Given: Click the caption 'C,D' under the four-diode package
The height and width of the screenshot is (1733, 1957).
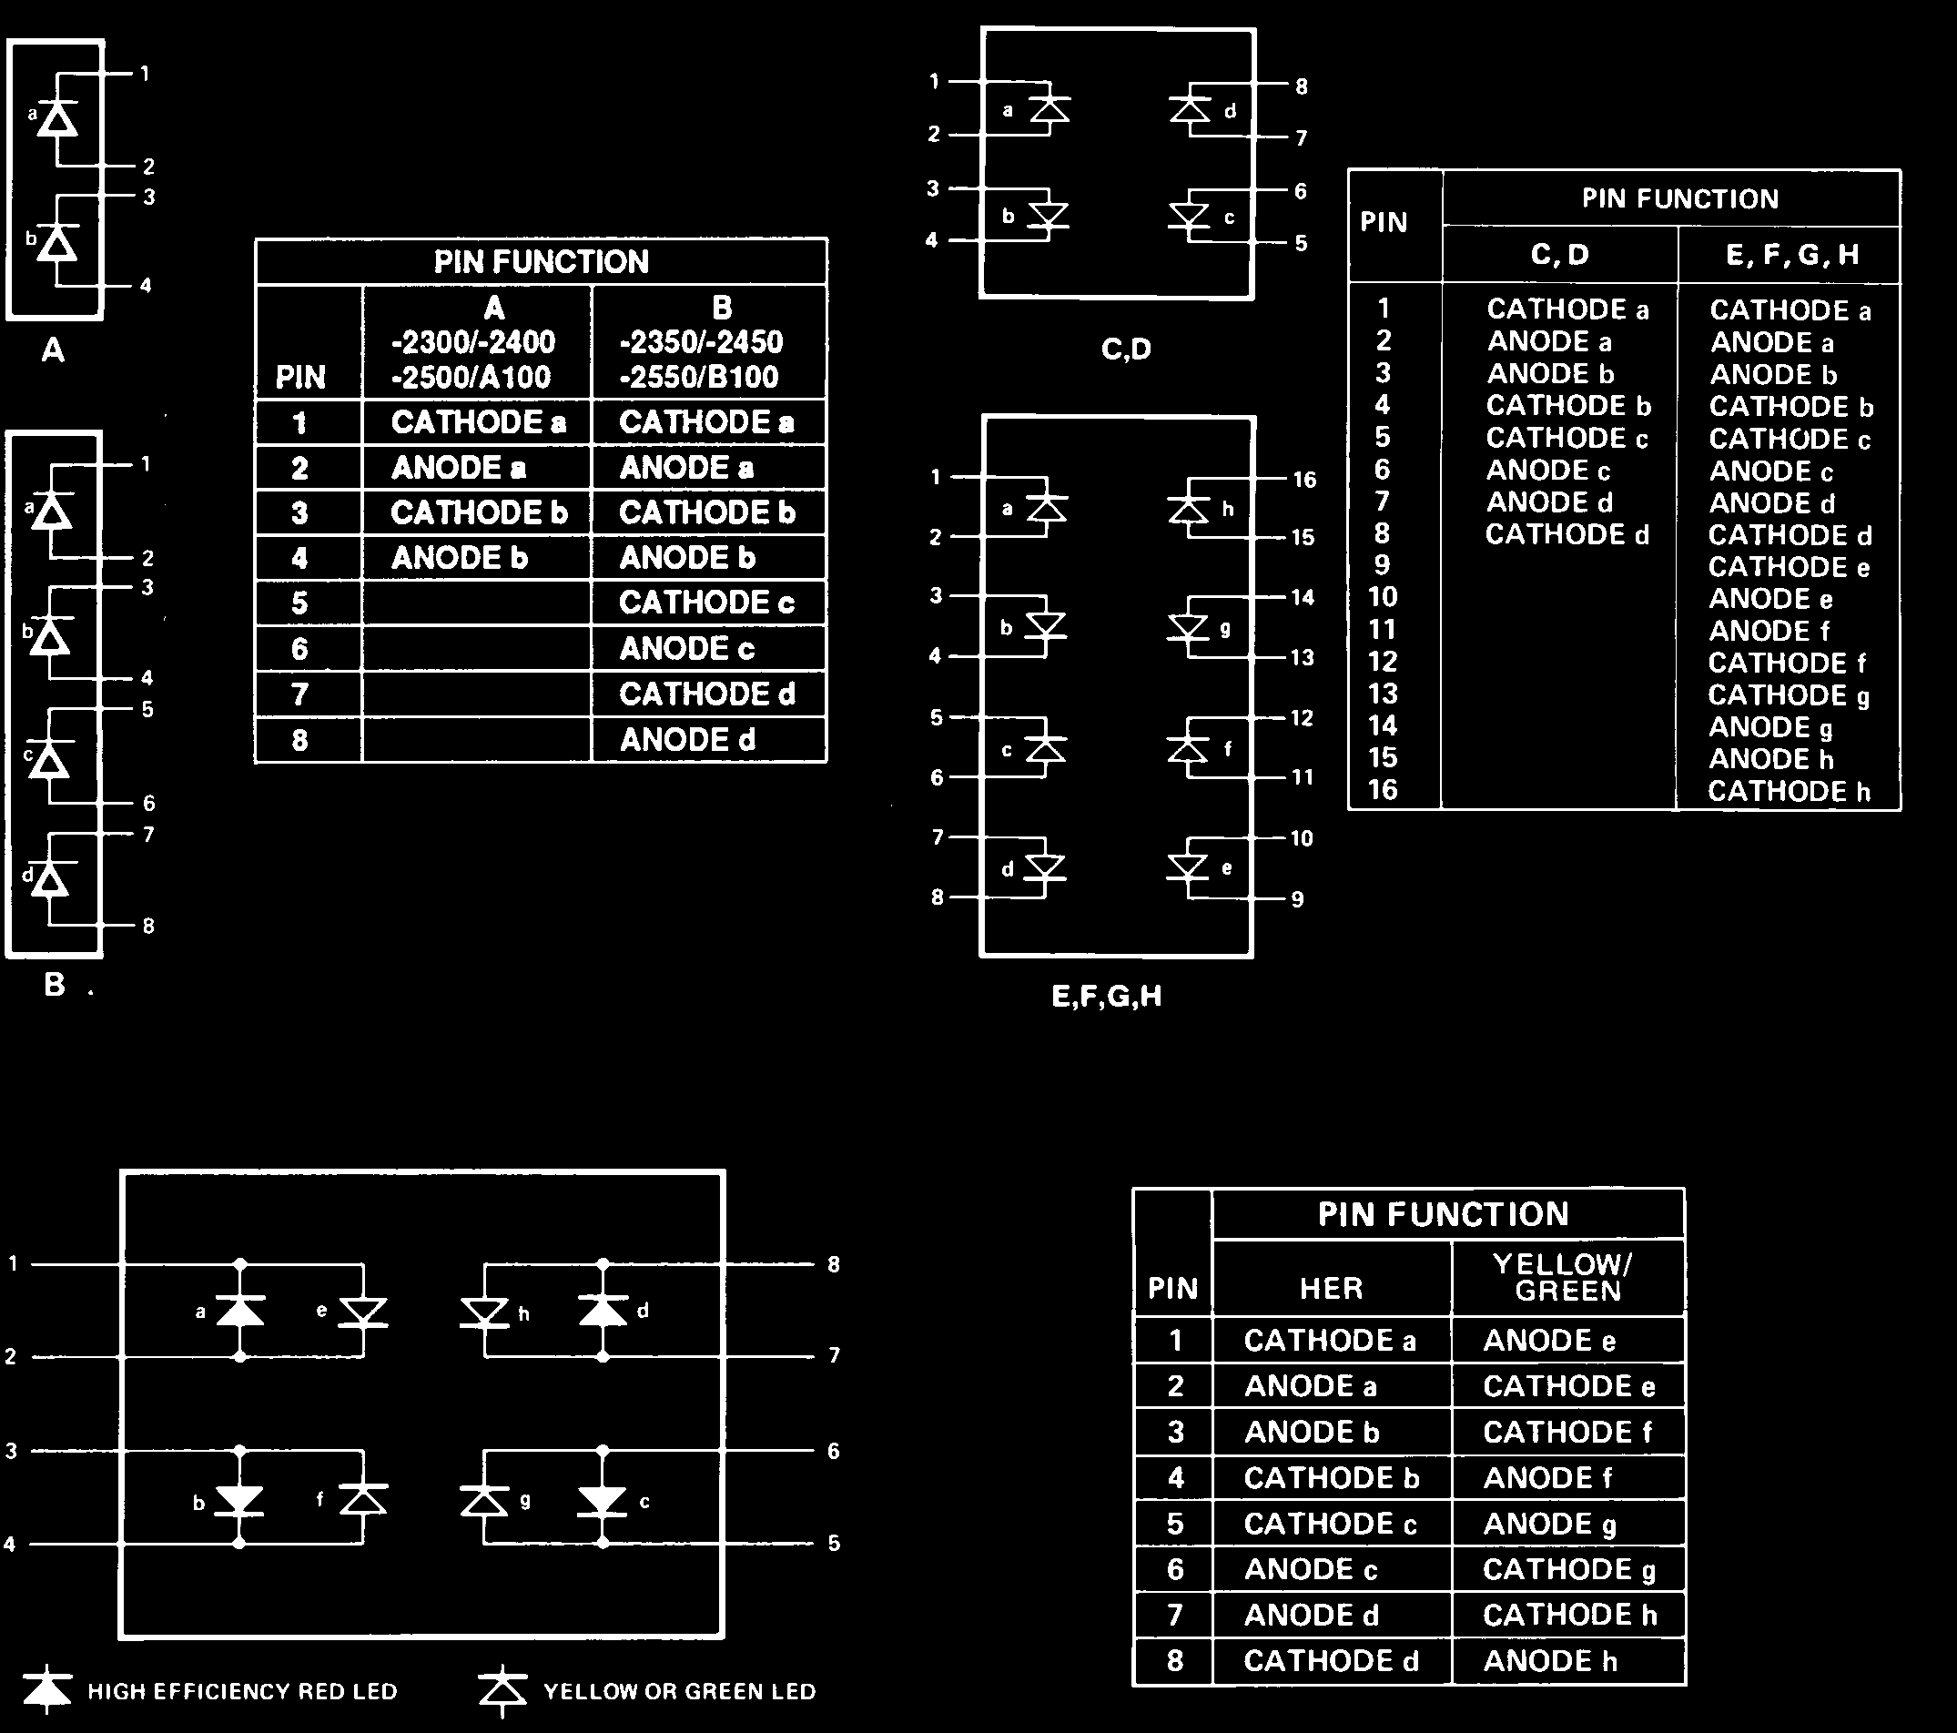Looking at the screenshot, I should pyautogui.click(x=1126, y=349).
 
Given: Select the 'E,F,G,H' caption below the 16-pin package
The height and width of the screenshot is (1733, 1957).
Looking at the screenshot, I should pyautogui.click(x=1106, y=997).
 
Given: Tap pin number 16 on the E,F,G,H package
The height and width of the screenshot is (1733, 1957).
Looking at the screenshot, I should pyautogui.click(x=1304, y=480).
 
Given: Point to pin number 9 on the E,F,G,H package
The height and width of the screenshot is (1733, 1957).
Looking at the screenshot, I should pyautogui.click(x=1297, y=899).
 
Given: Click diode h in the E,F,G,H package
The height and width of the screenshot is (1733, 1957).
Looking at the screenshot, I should pyautogui.click(x=1190, y=508).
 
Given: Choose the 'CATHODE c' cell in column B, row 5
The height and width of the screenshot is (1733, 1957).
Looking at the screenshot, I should pyautogui.click(x=706, y=603).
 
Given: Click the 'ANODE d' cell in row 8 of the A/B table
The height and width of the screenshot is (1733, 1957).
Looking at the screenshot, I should pyautogui.click(x=686, y=739).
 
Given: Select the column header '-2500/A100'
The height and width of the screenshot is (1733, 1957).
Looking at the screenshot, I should pyautogui.click(x=472, y=376).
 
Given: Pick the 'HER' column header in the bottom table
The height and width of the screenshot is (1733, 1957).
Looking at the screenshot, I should pyautogui.click(x=1331, y=1288).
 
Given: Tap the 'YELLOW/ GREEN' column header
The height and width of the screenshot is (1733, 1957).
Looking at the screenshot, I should pyautogui.click(x=1568, y=1277).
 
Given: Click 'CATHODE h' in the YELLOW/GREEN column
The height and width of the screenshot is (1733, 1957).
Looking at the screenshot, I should pyautogui.click(x=1569, y=1615).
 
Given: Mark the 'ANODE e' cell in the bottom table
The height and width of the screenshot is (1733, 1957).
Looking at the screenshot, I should pyautogui.click(x=1549, y=1340).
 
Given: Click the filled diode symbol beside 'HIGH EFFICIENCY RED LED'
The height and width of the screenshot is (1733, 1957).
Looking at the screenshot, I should pyautogui.click(x=47, y=1691).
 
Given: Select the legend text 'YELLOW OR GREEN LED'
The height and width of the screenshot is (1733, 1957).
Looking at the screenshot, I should pyautogui.click(x=679, y=1692).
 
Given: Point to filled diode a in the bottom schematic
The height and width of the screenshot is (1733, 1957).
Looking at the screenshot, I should pyautogui.click(x=239, y=1310).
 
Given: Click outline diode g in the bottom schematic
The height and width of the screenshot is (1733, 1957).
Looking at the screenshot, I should pyautogui.click(x=484, y=1499).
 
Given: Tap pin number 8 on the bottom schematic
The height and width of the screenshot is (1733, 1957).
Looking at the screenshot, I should pyautogui.click(x=834, y=1264).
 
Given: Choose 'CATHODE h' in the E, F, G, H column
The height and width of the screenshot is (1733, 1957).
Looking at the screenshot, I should pyautogui.click(x=1789, y=791).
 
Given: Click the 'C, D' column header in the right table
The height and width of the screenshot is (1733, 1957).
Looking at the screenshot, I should pyautogui.click(x=1559, y=255).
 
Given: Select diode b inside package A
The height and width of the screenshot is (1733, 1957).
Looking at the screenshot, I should pyautogui.click(x=58, y=243).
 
